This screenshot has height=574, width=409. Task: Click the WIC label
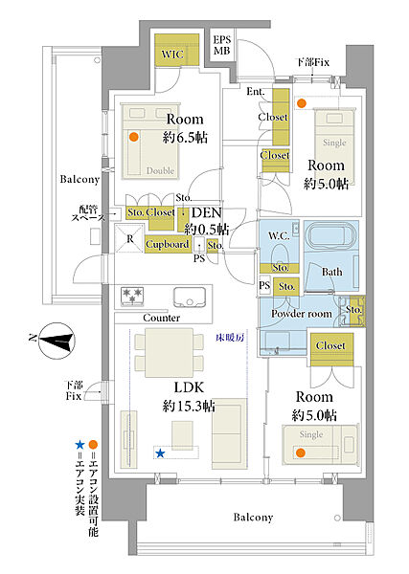pyautogui.click(x=172, y=55)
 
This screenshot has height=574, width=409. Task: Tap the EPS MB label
pyautogui.click(x=222, y=45)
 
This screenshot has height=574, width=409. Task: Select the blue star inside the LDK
pyautogui.click(x=160, y=453)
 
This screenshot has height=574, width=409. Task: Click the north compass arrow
pyautogui.click(x=57, y=341)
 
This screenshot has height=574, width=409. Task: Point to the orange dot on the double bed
pyautogui.click(x=134, y=137)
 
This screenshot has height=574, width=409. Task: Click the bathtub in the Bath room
pyautogui.click(x=330, y=237)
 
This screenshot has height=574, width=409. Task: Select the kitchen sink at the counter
pyautogui.click(x=190, y=298)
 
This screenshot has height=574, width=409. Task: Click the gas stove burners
pyautogui.click(x=132, y=297)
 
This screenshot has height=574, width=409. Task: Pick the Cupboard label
pyautogui.click(x=167, y=244)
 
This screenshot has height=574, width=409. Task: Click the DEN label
pyautogui.click(x=207, y=212)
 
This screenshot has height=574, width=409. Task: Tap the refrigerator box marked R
pyautogui.click(x=129, y=238)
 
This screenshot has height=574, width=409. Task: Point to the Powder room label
pyautogui.click(x=302, y=314)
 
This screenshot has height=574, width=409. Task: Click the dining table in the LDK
pyautogui.click(x=169, y=352)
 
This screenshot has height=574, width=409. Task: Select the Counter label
pyautogui.click(x=161, y=318)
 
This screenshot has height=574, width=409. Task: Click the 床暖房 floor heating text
pyautogui.click(x=230, y=337)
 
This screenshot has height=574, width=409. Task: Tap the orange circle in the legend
pyautogui.click(x=93, y=445)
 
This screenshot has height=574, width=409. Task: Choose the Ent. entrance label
pyautogui.click(x=256, y=92)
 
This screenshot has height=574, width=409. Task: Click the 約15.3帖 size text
pyautogui.click(x=189, y=406)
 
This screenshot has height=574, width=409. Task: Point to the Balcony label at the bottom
pyautogui.click(x=253, y=518)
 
